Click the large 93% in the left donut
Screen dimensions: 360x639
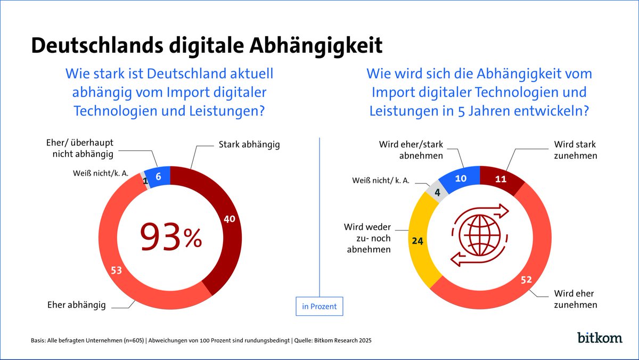pyautogui.click(x=170, y=238)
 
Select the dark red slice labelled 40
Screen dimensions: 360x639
pyautogui.click(x=227, y=220)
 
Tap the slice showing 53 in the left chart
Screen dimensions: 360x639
pyautogui.click(x=116, y=271)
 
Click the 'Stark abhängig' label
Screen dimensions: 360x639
pyautogui.click(x=249, y=144)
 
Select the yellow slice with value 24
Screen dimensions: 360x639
pyautogui.click(x=419, y=240)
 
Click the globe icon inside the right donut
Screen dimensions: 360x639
pyautogui.click(x=480, y=234)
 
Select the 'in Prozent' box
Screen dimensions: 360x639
pyautogui.click(x=319, y=306)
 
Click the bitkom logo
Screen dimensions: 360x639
pyautogui.click(x=599, y=337)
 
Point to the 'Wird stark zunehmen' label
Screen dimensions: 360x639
pyautogui.click(x=575, y=150)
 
